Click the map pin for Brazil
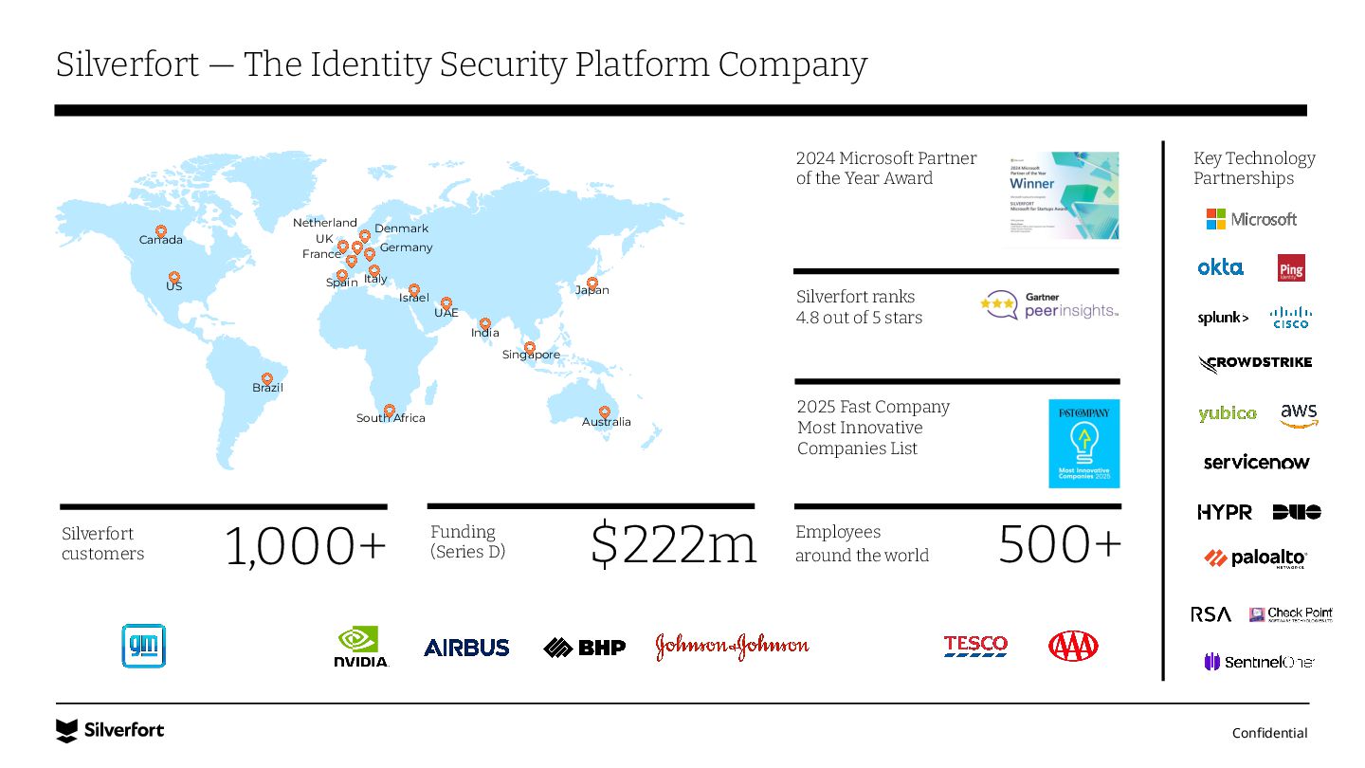(266, 378)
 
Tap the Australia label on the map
(606, 422)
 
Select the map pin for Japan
(592, 283)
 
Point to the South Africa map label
(391, 418)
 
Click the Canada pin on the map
(161, 231)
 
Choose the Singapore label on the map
(531, 355)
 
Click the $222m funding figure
(673, 544)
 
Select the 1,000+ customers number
(305, 547)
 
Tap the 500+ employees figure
(1059, 544)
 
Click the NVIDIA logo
(361, 647)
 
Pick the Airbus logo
(466, 648)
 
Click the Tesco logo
(975, 646)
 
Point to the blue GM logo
(143, 646)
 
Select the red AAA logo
(1073, 647)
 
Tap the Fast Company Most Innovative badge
(1083, 444)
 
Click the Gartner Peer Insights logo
(1049, 305)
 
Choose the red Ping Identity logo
(1291, 268)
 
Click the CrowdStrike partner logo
(1255, 363)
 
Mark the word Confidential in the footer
(1269, 733)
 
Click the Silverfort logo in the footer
(110, 730)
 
